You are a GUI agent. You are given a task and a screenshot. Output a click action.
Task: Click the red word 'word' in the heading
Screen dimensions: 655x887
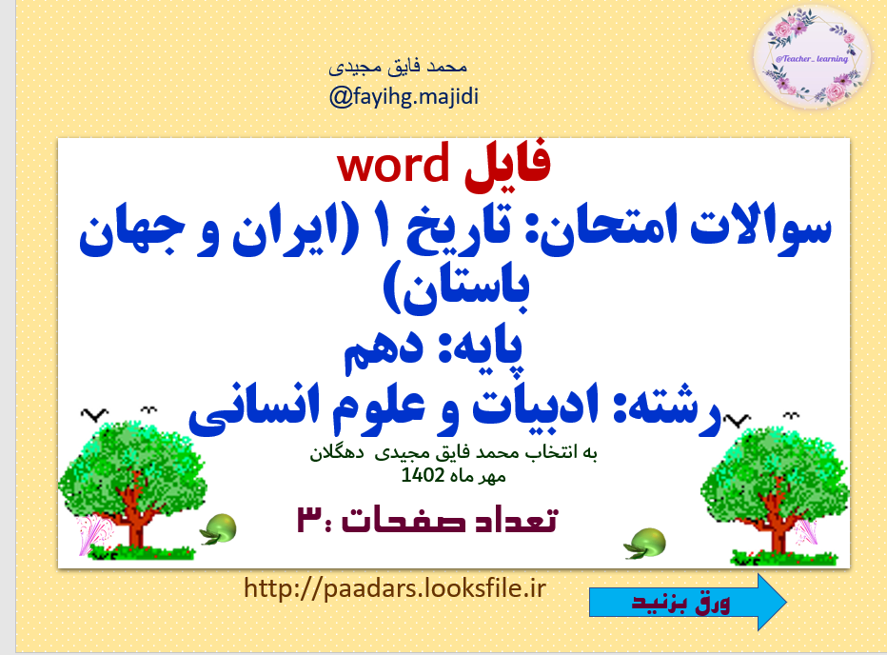(x=392, y=166)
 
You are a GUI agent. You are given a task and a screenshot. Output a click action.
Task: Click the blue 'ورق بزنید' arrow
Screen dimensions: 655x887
(x=687, y=603)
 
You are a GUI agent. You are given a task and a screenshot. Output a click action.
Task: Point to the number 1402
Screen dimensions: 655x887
(x=421, y=476)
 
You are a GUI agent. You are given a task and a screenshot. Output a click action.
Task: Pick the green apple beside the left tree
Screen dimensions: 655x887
(x=223, y=526)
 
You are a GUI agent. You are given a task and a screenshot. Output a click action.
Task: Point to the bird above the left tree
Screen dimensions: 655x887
(x=91, y=414)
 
